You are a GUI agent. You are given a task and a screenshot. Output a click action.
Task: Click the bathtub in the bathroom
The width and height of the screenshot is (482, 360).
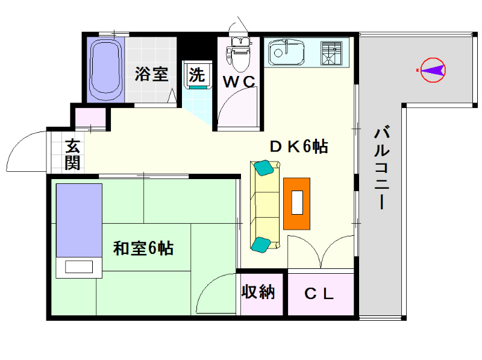pos(105,69)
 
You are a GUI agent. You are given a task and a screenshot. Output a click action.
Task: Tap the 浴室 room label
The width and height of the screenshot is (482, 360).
pos(152,74)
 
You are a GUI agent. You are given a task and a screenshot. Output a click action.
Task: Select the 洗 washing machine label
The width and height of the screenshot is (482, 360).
pos(197,75)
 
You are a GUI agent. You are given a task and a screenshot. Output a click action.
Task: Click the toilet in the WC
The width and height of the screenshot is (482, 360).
pos(239,54)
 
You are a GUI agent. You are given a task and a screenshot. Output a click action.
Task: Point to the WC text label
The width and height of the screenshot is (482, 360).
pos(239,82)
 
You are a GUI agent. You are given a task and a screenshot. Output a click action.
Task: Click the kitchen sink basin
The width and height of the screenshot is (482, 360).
pos(286,52)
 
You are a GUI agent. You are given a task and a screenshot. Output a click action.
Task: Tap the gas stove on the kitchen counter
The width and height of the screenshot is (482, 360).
pos(331,53)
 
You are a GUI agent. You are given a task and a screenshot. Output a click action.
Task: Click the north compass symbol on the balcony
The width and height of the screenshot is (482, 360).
pos(433,70)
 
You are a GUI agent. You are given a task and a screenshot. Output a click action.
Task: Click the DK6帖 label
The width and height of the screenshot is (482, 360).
pos(299,147)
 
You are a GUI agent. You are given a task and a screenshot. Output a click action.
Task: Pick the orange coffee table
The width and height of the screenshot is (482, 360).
pos(296,204)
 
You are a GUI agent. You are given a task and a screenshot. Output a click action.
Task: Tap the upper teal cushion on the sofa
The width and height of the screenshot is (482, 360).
pos(263,168)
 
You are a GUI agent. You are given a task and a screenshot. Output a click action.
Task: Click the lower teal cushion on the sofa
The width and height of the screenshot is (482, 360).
pos(261,245)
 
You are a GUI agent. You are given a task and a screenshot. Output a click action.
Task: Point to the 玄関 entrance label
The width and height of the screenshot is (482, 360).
pos(73,155)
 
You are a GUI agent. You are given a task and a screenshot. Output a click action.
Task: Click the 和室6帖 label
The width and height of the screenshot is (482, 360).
pos(143,248)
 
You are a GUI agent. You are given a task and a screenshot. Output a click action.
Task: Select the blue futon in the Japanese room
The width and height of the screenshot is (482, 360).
pos(79,220)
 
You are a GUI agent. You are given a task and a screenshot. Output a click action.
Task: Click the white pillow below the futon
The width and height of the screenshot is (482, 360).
pos(79,267)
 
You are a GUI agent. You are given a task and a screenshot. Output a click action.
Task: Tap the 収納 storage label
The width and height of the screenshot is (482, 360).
pos(258,292)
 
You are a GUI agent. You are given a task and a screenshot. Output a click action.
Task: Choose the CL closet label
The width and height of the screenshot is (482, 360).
pos(319,294)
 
